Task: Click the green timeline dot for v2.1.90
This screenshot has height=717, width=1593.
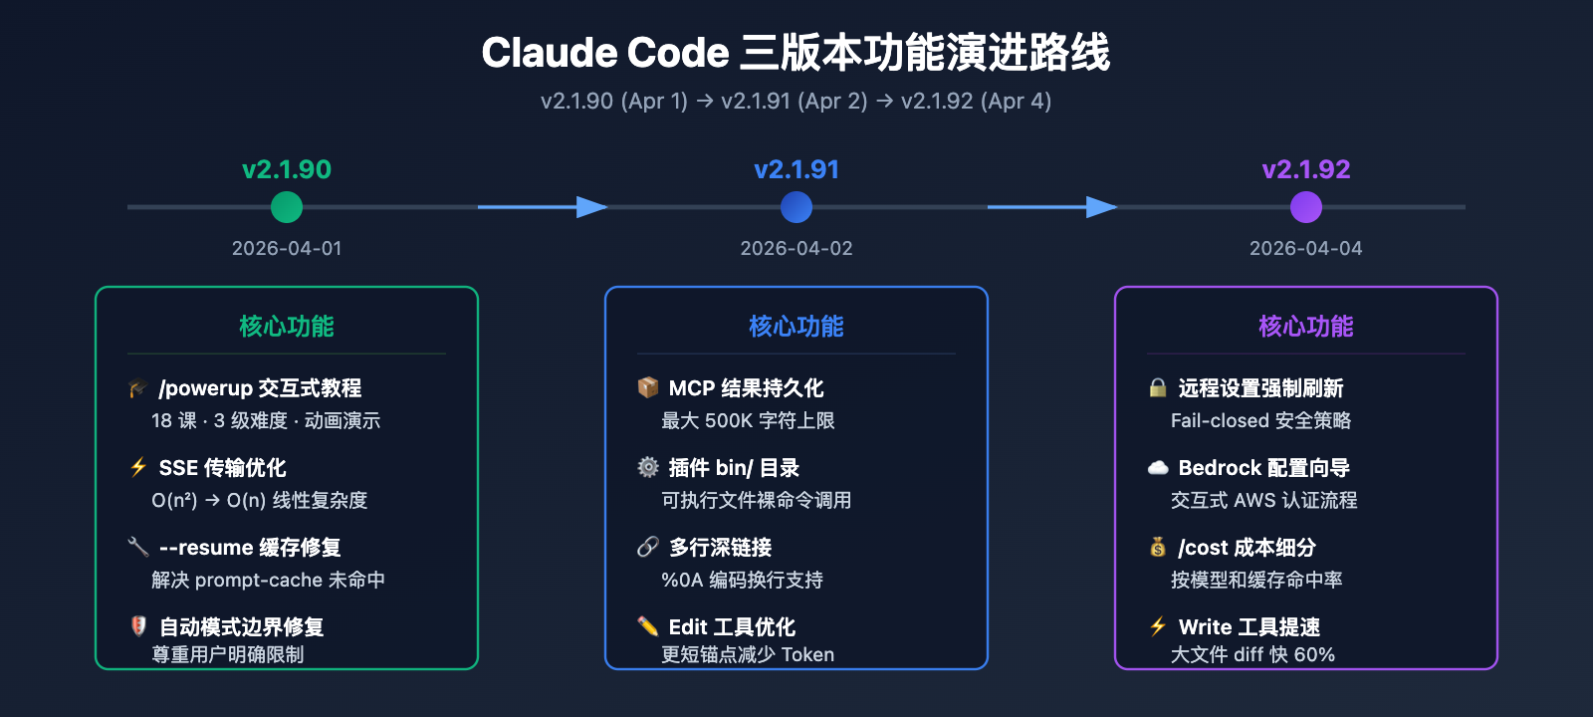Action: point(287,207)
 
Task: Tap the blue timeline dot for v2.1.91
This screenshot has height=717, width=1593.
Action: point(796,207)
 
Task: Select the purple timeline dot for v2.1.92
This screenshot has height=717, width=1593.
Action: point(1306,207)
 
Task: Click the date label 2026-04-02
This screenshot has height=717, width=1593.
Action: point(796,248)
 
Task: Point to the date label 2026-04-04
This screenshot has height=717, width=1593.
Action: point(1306,248)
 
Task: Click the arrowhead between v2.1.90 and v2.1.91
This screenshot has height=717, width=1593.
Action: point(592,207)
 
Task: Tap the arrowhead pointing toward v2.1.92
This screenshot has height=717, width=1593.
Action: point(1102,207)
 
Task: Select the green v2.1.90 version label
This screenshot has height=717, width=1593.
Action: point(287,169)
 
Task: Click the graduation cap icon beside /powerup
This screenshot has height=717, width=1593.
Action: point(138,387)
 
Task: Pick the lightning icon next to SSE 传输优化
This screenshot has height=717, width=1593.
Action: point(138,467)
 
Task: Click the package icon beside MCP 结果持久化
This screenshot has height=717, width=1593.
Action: point(648,387)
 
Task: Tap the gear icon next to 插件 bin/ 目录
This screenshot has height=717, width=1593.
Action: point(648,467)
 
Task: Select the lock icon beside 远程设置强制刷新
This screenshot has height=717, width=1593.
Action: point(1158,387)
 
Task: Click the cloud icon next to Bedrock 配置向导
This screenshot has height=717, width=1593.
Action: point(1158,467)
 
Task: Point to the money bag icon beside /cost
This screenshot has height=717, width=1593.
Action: point(1158,547)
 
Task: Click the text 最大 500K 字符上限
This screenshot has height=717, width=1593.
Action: point(748,420)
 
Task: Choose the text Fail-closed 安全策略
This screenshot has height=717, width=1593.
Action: point(1260,420)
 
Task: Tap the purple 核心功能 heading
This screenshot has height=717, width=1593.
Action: point(1306,326)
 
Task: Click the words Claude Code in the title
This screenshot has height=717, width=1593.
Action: point(605,53)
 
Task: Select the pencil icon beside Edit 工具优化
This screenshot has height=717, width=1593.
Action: point(648,626)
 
